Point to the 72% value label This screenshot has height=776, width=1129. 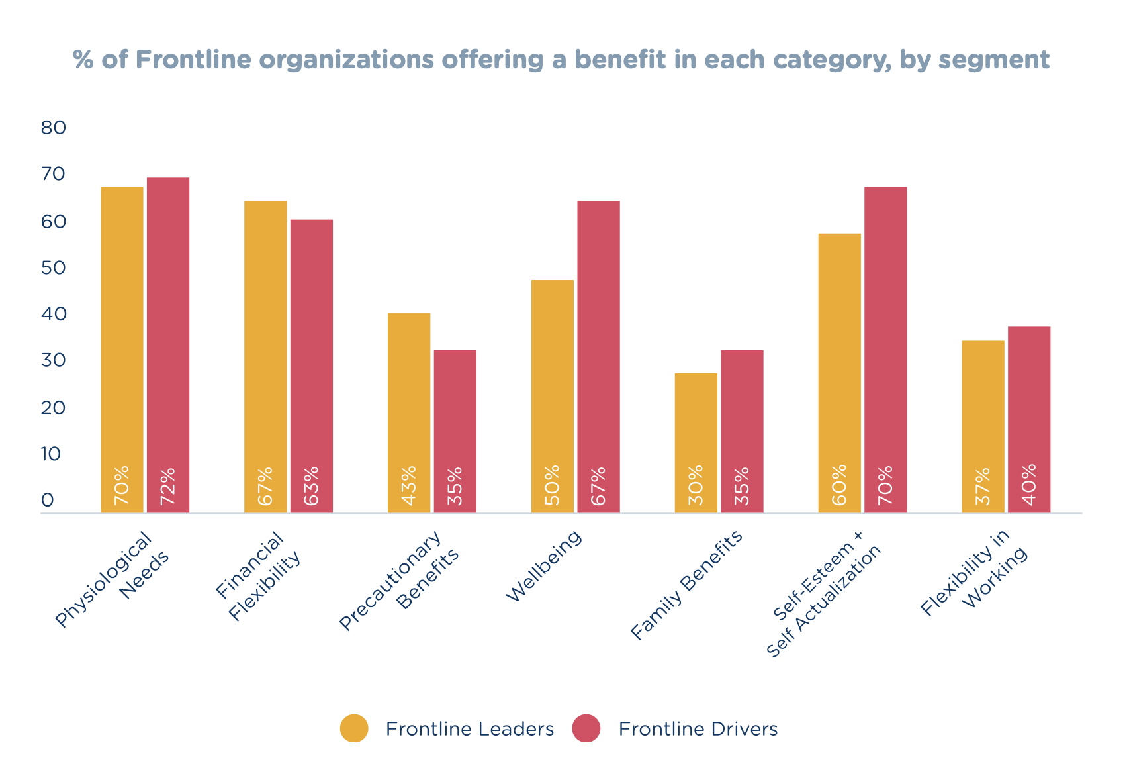[168, 486]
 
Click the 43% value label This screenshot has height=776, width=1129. [409, 486]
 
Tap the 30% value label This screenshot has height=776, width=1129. [696, 486]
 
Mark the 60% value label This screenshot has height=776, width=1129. [840, 486]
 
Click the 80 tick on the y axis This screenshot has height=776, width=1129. [54, 128]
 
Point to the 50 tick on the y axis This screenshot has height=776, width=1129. [54, 268]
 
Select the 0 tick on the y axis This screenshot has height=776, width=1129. [47, 501]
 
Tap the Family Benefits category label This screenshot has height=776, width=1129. [686, 587]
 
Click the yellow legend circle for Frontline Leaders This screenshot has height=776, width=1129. [354, 728]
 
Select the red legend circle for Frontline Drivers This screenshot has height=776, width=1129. [586, 728]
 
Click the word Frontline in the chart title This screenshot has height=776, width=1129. [194, 60]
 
